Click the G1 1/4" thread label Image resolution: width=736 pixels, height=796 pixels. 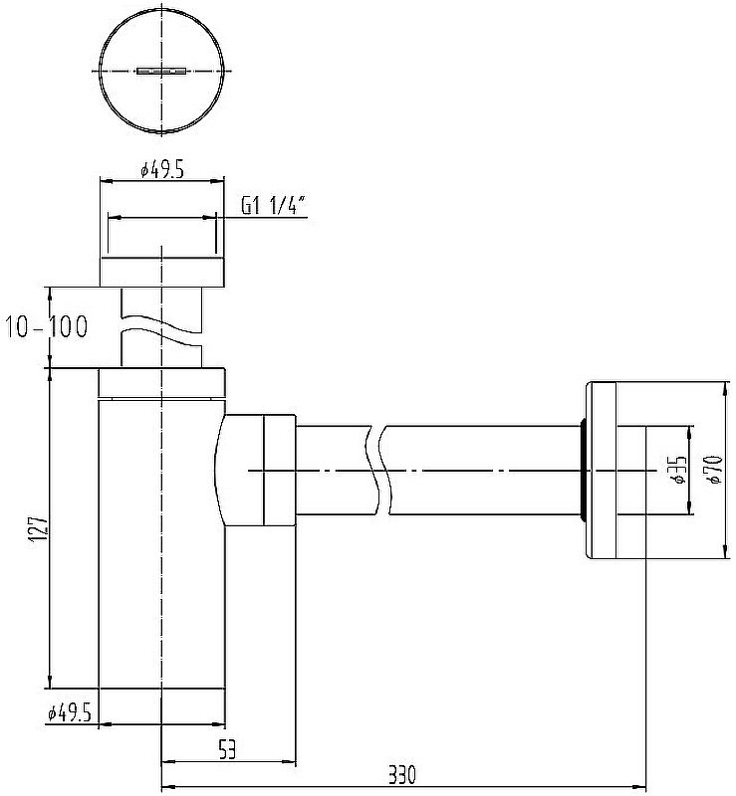273,206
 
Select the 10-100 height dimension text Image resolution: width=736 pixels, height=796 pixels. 46,326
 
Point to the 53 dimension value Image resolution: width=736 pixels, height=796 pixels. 227,749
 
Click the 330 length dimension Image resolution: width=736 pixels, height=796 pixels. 402,775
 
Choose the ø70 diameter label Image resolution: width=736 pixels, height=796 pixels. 714,470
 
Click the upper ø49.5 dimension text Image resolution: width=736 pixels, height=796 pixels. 162,169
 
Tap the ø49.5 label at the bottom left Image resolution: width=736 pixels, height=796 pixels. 70,713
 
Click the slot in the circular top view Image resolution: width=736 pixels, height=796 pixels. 161,71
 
